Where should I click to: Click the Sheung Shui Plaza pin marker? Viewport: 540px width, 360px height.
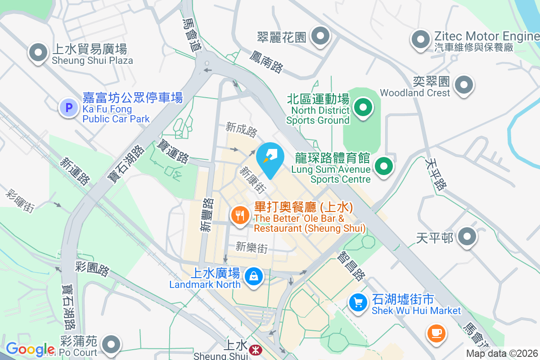click(38, 53)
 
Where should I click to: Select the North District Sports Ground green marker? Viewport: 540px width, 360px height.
click(363, 108)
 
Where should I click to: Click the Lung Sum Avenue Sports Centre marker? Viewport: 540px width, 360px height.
click(383, 166)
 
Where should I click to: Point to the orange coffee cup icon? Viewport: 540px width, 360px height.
click(436, 333)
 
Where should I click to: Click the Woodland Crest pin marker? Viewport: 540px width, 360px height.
click(463, 85)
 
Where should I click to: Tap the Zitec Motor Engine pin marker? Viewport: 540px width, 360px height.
click(421, 40)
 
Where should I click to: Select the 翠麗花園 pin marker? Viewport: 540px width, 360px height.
click(320, 36)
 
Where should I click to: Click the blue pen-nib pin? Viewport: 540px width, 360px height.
click(270, 158)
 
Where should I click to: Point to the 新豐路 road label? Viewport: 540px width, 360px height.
click(207, 215)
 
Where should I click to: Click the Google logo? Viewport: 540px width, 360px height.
click(30, 349)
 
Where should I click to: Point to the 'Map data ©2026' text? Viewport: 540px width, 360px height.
click(502, 353)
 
